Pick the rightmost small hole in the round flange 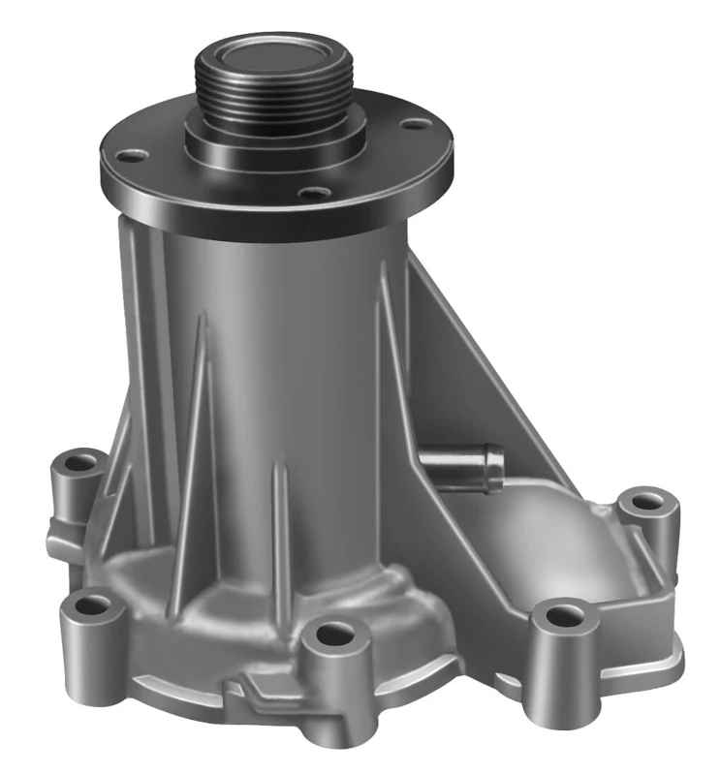[x=415, y=125]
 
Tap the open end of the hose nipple [x=495, y=463]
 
